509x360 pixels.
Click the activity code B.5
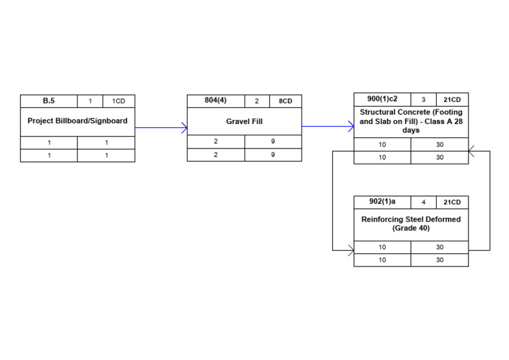[49, 101]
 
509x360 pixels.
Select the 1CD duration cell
[119, 101]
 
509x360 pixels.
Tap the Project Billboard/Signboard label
[78, 121]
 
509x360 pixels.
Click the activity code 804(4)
[215, 101]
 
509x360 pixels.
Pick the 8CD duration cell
[285, 101]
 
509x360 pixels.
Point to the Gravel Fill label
[244, 122]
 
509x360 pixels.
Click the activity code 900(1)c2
[382, 99]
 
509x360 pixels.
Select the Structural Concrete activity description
[411, 121]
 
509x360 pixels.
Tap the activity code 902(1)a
[382, 202]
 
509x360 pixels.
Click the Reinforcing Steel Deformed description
[411, 223]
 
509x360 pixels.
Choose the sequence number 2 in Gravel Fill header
[257, 101]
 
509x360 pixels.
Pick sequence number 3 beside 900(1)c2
[424, 99]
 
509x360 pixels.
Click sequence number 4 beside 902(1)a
[424, 202]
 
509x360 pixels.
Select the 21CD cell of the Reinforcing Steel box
[452, 202]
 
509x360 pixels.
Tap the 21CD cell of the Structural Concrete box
[452, 99]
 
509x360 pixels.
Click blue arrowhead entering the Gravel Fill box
[184, 128]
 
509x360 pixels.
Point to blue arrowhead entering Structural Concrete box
[351, 127]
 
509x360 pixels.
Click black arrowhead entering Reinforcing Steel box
[351, 250]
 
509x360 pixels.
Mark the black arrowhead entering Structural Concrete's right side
[471, 151]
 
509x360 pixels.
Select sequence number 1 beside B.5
[90, 101]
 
